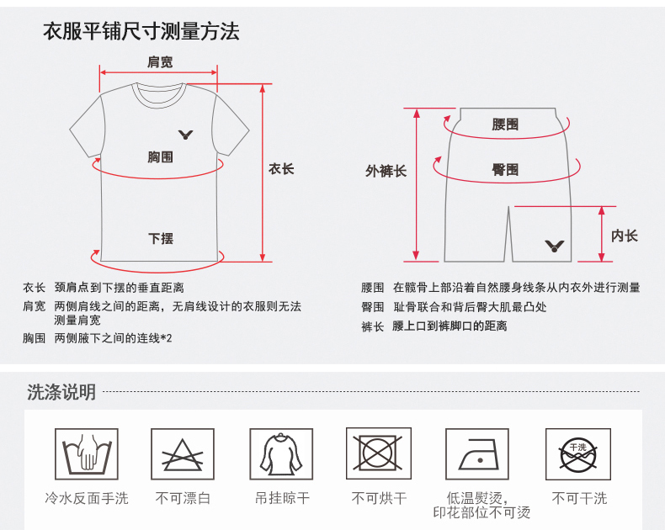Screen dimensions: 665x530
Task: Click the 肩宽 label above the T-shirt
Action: point(160,62)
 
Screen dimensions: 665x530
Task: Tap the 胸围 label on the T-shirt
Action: point(160,156)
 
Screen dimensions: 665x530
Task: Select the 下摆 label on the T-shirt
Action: point(161,238)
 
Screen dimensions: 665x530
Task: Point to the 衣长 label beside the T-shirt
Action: point(281,169)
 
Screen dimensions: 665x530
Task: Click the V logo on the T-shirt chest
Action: point(186,135)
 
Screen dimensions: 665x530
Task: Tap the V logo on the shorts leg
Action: point(555,246)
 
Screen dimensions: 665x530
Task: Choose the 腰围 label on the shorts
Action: point(505,125)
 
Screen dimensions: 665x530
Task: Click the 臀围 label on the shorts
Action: point(505,170)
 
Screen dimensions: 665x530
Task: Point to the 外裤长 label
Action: point(386,171)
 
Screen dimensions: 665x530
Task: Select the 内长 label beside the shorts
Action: point(625,236)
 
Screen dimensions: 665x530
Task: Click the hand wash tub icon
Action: point(87,453)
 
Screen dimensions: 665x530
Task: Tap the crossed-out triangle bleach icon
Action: point(183,453)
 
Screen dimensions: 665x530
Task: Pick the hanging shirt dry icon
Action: point(281,453)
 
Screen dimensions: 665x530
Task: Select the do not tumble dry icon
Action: point(379,453)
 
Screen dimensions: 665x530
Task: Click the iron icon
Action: point(477,453)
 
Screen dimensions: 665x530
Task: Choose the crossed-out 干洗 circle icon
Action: point(578,453)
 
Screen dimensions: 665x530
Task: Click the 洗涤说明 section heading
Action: point(61,392)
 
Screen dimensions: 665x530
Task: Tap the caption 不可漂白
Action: point(183,498)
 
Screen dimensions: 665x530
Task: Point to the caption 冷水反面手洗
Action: point(87,498)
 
